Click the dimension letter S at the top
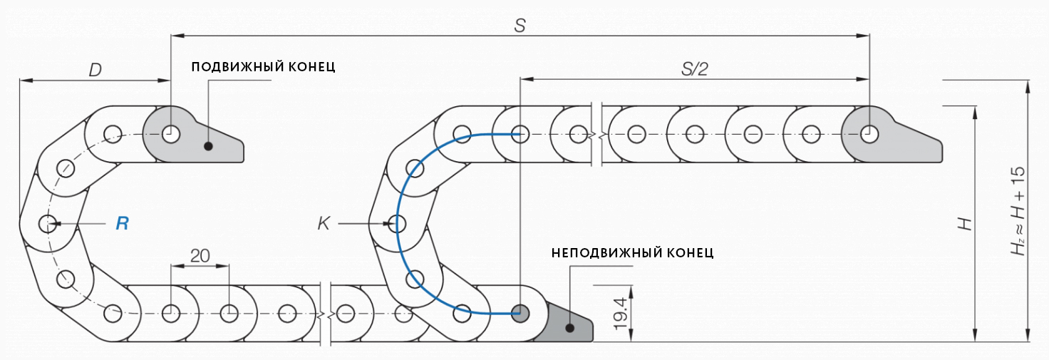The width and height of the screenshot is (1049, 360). pos(520,26)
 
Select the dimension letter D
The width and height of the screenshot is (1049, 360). pos(95,70)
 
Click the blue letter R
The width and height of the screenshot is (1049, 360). pos(123,224)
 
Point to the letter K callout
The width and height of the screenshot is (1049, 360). pos(324,224)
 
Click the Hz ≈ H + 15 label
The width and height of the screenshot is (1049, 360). pos(1016,212)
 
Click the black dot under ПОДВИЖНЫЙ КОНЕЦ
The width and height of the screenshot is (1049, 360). pos(208,147)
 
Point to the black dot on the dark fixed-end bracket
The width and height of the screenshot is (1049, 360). pos(570,328)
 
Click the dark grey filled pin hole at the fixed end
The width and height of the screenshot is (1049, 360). pos(520,312)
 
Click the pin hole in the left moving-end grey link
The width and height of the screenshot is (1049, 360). pos(170,133)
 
